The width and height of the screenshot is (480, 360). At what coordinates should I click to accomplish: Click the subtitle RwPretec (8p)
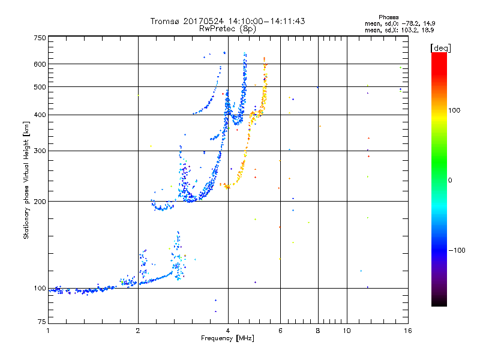(x=227, y=29)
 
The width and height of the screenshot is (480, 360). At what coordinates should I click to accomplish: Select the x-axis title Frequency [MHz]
(x=227, y=338)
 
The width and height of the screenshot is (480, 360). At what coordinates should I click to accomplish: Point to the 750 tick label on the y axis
(x=40, y=38)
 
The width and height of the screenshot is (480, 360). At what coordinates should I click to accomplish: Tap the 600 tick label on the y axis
(x=40, y=64)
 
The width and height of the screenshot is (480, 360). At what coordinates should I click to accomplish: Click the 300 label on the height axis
(x=40, y=151)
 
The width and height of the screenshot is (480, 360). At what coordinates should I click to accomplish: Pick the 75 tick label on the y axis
(x=42, y=322)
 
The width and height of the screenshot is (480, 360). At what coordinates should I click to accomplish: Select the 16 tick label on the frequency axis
(x=408, y=331)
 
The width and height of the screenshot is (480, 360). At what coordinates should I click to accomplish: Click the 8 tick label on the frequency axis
(x=318, y=331)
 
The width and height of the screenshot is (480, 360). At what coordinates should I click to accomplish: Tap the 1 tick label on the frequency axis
(x=48, y=331)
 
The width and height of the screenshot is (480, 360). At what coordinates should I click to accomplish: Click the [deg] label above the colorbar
(x=440, y=49)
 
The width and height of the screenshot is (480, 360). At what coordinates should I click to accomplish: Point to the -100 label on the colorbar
(x=457, y=250)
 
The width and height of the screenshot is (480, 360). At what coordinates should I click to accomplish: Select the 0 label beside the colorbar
(x=450, y=181)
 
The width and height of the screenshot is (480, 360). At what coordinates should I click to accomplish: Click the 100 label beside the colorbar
(x=454, y=110)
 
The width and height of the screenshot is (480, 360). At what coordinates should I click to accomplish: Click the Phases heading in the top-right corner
(x=388, y=17)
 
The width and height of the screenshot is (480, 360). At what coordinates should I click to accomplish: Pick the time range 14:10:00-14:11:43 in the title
(x=266, y=21)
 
